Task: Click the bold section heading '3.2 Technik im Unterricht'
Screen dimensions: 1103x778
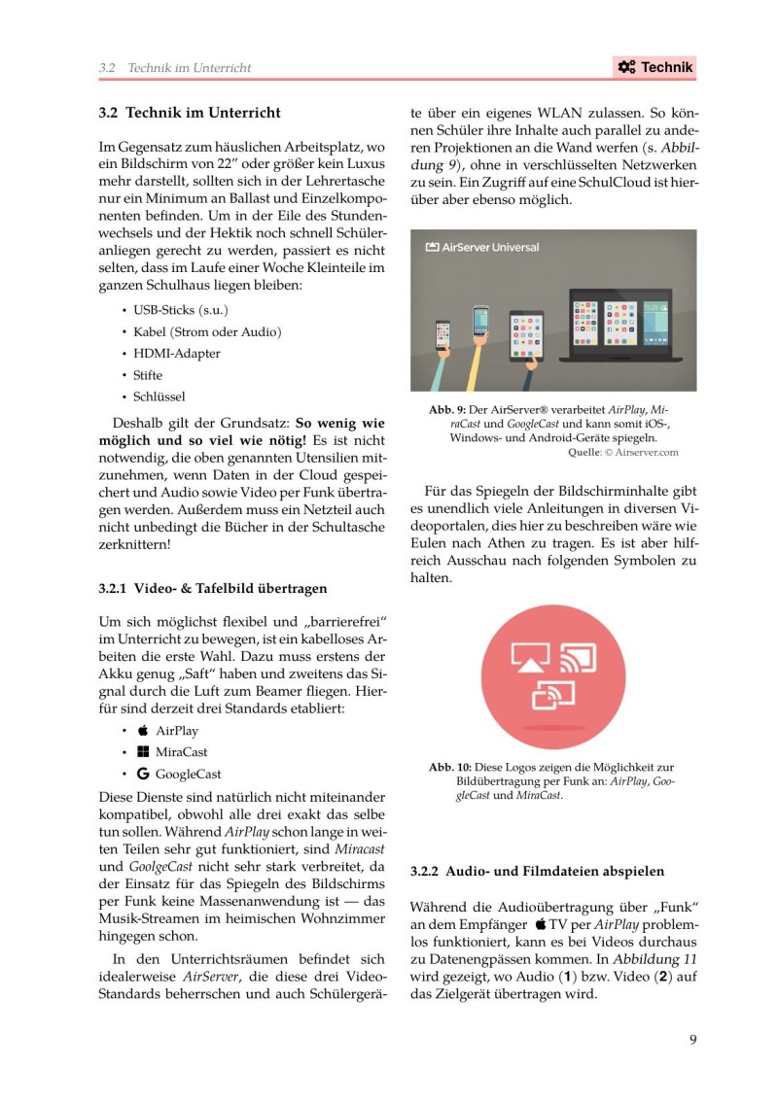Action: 190,113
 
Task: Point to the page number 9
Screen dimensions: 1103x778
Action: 692,1040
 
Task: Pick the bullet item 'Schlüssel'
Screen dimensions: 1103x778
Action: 159,396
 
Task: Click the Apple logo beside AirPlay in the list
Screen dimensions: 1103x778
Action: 143,730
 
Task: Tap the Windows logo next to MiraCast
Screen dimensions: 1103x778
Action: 143,752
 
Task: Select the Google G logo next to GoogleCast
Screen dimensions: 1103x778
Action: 143,775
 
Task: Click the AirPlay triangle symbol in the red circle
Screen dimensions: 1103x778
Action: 530,661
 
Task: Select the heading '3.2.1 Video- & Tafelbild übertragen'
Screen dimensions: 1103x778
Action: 213,588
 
